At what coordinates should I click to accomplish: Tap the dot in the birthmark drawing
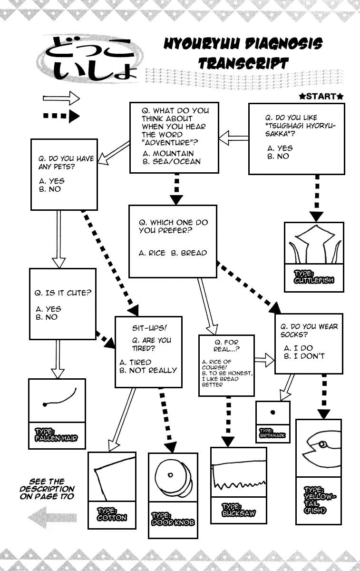[273, 413]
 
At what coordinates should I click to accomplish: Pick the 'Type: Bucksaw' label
[238, 510]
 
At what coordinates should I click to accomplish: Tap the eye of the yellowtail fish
[323, 444]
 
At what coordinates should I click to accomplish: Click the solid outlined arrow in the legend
[61, 99]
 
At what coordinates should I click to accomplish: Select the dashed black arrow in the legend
[61, 116]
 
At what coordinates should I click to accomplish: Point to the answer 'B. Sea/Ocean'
[172, 161]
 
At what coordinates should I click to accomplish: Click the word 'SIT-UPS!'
[149, 329]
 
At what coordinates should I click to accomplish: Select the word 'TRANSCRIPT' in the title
[243, 63]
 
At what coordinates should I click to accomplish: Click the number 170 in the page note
[65, 497]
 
